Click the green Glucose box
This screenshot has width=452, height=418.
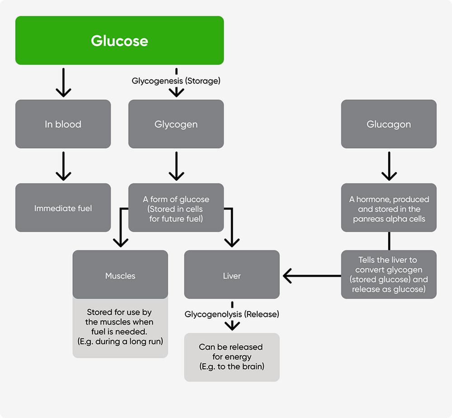pos(119,41)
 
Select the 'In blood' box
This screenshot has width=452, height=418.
pos(63,124)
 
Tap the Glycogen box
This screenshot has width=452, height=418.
pos(176,124)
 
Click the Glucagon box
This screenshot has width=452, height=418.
pos(389,124)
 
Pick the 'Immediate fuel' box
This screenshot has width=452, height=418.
pos(63,208)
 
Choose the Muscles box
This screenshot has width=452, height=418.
pos(120,275)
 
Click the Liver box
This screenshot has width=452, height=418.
pos(232,275)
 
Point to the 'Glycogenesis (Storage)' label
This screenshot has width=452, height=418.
pos(176,81)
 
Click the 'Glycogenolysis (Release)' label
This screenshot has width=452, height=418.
pos(232,314)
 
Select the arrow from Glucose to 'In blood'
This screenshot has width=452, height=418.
pos(63,83)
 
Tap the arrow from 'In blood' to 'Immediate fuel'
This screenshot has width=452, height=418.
pos(63,166)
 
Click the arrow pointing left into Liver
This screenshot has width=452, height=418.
pos(312,275)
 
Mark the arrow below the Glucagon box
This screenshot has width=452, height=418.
pos(389,166)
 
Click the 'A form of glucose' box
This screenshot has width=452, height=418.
pos(176,209)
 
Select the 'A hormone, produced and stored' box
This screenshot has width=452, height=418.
pos(389,209)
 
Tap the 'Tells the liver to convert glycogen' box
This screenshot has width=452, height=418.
pos(389,274)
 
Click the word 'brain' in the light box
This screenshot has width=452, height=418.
pos(250,366)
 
